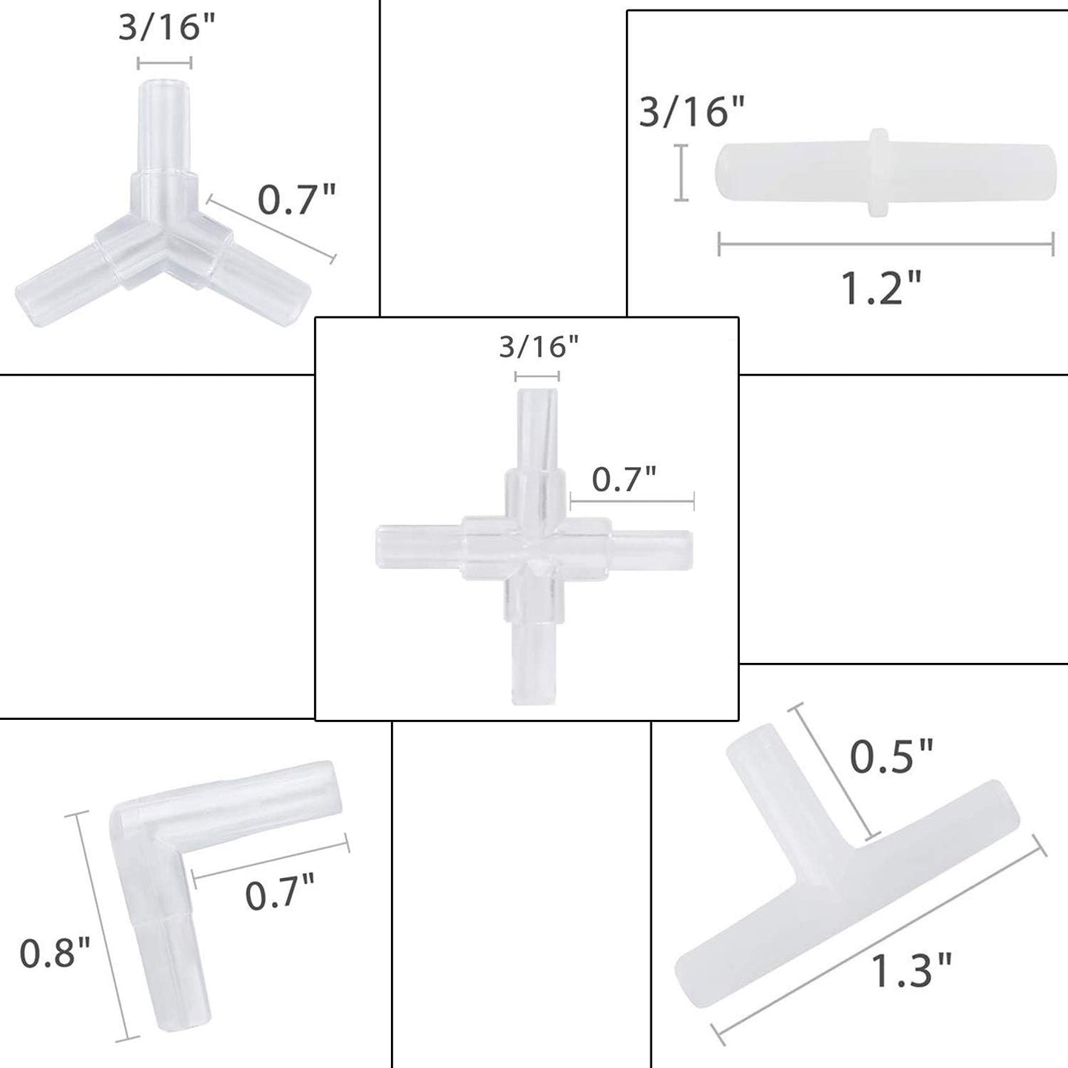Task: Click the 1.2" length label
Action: click(881, 288)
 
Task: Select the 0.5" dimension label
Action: click(892, 757)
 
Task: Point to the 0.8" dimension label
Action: click(54, 952)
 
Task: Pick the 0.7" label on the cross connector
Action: click(624, 480)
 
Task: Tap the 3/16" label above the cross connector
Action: click(539, 347)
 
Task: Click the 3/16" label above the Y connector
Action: click(166, 27)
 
